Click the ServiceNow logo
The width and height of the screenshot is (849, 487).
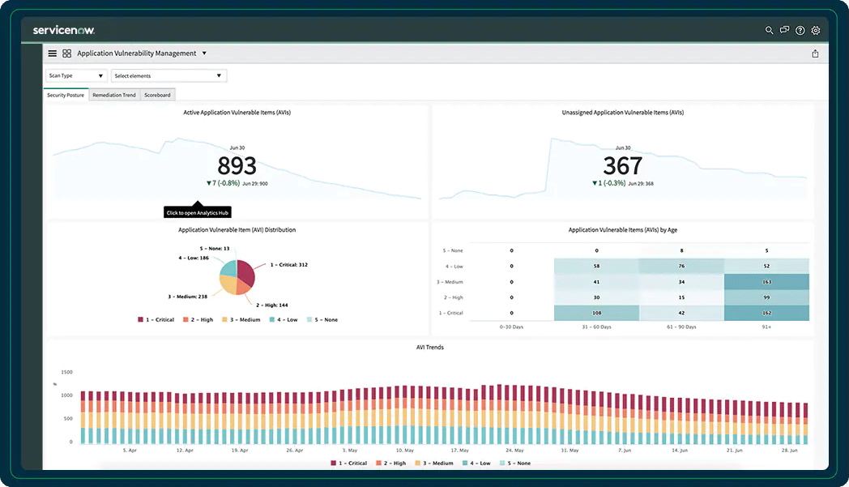64,30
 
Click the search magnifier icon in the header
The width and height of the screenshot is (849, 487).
770,30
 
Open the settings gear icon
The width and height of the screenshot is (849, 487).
816,30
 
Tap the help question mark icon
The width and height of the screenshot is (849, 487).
800,30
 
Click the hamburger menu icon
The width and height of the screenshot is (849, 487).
53,53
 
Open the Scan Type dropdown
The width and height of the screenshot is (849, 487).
75,75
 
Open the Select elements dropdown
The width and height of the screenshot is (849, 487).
169,75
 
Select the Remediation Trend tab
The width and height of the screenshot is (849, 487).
114,95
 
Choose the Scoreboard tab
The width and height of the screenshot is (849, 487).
157,95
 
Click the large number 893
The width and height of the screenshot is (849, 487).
237,166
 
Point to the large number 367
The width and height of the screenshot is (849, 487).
622,166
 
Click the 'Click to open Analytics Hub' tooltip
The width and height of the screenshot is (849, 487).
198,213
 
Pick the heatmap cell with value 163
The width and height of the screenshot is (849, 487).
766,282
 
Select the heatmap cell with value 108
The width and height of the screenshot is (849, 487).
596,313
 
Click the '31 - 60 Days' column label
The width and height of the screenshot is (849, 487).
596,327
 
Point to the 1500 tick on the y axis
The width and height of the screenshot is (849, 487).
66,372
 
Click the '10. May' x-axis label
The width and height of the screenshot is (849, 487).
403,450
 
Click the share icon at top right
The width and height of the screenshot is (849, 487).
815,53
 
